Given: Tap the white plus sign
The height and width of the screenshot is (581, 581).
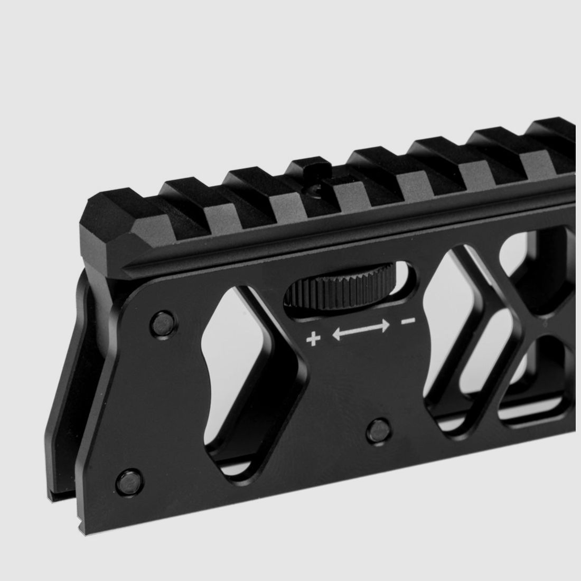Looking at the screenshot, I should click(314, 339).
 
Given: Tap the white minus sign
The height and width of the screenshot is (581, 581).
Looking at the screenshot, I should click(407, 321).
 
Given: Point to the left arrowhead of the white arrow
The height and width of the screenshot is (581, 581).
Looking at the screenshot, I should click(336, 334).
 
